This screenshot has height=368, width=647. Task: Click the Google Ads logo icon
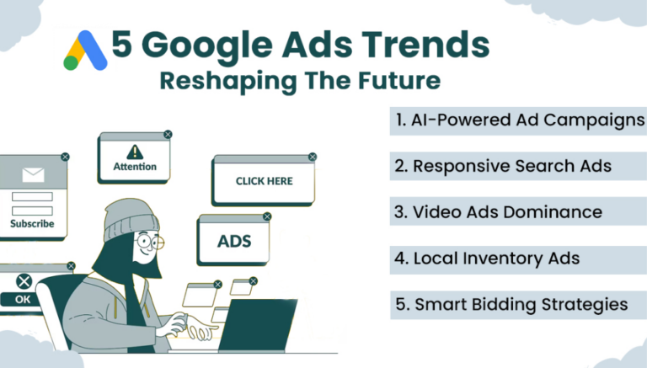[85, 51]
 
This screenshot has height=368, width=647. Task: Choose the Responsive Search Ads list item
[503, 166]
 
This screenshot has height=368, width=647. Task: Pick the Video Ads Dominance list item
[498, 211]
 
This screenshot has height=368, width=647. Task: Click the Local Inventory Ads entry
[487, 258]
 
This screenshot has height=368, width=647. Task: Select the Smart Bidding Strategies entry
[511, 304]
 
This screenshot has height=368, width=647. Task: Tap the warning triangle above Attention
[135, 152]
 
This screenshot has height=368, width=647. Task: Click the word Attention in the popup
[135, 167]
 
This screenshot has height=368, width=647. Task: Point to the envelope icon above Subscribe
[33, 177]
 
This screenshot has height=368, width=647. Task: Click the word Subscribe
[32, 224]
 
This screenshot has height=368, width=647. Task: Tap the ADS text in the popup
[234, 242]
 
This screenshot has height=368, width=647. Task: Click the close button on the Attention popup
[168, 134]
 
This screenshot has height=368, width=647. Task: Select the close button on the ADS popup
[267, 216]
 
